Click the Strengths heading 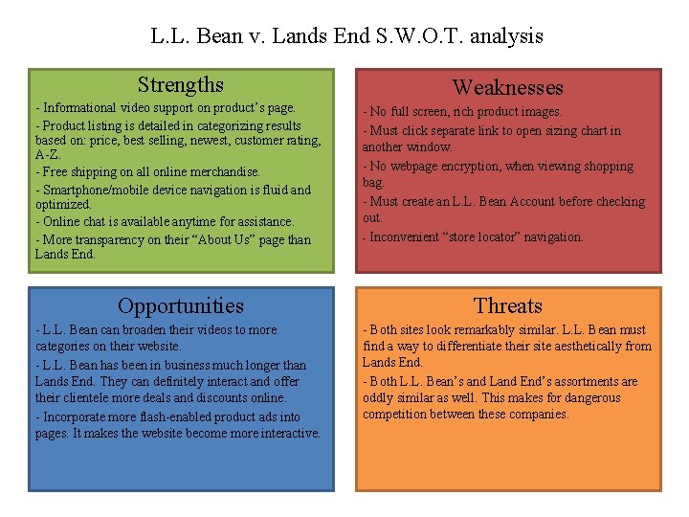click(x=180, y=85)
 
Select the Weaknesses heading click(x=507, y=88)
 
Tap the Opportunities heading click(x=180, y=306)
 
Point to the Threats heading click(x=507, y=306)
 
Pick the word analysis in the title click(x=507, y=36)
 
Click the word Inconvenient click(x=403, y=236)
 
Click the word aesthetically click(x=588, y=346)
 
